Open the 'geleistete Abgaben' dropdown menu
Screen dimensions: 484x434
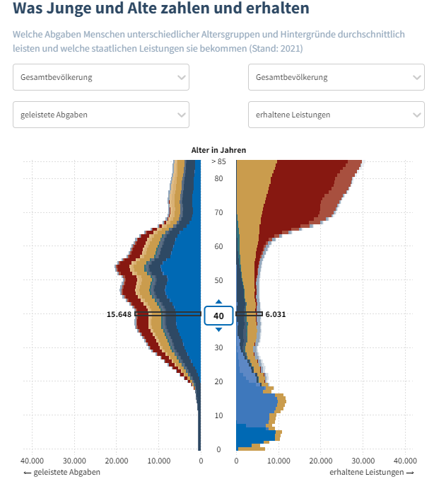tap(101, 115)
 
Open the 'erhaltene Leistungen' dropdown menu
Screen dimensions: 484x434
tap(336, 115)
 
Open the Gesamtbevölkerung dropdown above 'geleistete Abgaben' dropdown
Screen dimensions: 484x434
tap(101, 77)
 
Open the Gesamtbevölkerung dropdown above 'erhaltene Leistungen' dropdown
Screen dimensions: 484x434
tap(336, 77)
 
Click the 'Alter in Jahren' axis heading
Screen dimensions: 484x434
tap(218, 150)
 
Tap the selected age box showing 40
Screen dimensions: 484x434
tap(218, 316)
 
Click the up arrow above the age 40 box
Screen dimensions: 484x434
tap(218, 301)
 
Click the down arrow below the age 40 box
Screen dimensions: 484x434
tap(218, 330)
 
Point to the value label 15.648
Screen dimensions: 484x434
tap(119, 314)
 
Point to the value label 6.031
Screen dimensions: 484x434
tap(276, 314)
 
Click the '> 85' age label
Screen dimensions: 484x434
tap(218, 161)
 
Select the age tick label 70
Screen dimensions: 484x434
tap(218, 212)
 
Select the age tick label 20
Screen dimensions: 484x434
tap(218, 381)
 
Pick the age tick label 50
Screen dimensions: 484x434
tap(218, 280)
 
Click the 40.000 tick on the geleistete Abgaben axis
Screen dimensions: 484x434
tap(33, 460)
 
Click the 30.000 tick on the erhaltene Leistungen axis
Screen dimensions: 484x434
tap(363, 460)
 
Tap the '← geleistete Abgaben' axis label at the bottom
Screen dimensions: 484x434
tap(61, 472)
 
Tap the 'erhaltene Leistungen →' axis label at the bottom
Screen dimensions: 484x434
tap(372, 472)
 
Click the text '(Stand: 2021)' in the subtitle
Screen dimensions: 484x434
tap(276, 49)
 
